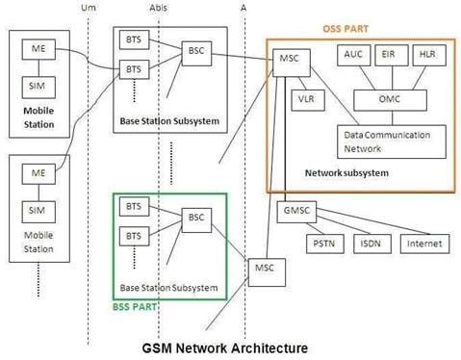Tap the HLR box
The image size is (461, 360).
[x=426, y=57]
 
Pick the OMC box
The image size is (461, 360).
[x=390, y=98]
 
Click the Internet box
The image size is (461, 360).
[x=423, y=244]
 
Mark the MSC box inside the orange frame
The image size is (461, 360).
[x=289, y=59]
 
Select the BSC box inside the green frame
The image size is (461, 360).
[x=195, y=218]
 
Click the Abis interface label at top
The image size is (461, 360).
[x=160, y=9]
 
